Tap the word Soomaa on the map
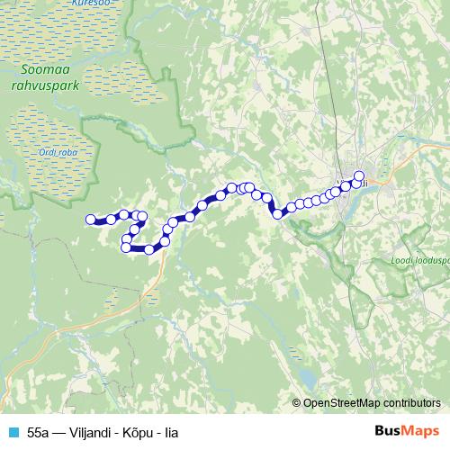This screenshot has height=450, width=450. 42,68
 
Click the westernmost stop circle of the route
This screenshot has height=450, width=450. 90,219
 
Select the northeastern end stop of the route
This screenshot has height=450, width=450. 359,176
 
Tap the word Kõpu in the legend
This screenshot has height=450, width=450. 141,433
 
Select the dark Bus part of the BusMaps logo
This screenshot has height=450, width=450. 388,431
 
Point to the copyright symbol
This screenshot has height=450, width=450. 298,403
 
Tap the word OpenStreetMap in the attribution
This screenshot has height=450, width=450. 344,403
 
